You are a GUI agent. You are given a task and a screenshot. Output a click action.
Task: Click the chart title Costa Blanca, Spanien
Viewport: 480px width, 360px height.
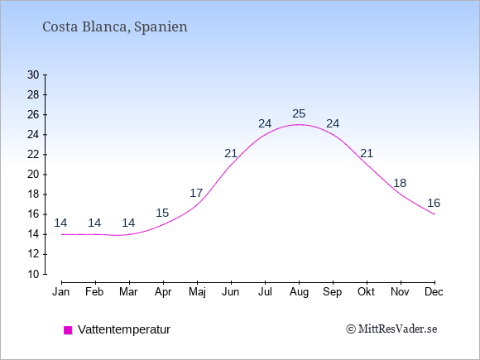pyautogui.click(x=115, y=26)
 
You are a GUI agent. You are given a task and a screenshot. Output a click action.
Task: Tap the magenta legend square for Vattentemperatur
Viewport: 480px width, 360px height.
pyautogui.click(x=68, y=330)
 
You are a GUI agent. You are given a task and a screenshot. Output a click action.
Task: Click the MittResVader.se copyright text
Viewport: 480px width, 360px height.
pyautogui.click(x=391, y=329)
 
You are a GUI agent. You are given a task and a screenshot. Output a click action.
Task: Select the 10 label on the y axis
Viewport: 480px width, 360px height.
pyautogui.click(x=33, y=274)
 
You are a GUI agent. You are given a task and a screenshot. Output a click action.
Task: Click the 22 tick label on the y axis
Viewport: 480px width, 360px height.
pyautogui.click(x=33, y=155)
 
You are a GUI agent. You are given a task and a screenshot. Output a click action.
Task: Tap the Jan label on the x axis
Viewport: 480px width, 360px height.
pyautogui.click(x=61, y=292)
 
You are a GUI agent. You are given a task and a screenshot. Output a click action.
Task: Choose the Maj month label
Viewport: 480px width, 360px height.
pyautogui.click(x=197, y=292)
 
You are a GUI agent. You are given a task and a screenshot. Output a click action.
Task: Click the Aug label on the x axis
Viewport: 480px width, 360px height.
pyautogui.click(x=299, y=292)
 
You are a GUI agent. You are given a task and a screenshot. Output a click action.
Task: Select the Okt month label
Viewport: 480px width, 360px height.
pyautogui.click(x=366, y=292)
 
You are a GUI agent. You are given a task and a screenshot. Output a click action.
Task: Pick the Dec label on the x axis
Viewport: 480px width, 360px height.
pyautogui.click(x=434, y=292)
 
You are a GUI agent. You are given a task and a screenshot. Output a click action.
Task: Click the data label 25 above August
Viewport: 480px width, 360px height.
pyautogui.click(x=299, y=114)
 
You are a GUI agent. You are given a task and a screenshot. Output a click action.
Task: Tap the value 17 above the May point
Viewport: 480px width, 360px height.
pyautogui.click(x=196, y=193)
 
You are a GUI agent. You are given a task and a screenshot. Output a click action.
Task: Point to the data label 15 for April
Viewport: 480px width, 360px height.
pyautogui.click(x=162, y=213)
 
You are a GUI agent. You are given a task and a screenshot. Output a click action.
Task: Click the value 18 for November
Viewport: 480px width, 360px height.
pyautogui.click(x=400, y=184)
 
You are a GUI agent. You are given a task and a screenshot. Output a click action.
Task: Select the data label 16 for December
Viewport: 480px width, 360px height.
pyautogui.click(x=434, y=203)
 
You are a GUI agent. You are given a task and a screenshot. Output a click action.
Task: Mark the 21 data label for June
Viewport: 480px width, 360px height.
pyautogui.click(x=231, y=153)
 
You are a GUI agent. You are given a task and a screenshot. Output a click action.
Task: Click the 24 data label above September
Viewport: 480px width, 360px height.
pyautogui.click(x=333, y=123)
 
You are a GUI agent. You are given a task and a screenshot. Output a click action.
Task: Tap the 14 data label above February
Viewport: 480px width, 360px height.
pyautogui.click(x=94, y=223)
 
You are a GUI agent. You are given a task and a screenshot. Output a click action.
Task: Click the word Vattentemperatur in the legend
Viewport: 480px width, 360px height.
pyautogui.click(x=124, y=329)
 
